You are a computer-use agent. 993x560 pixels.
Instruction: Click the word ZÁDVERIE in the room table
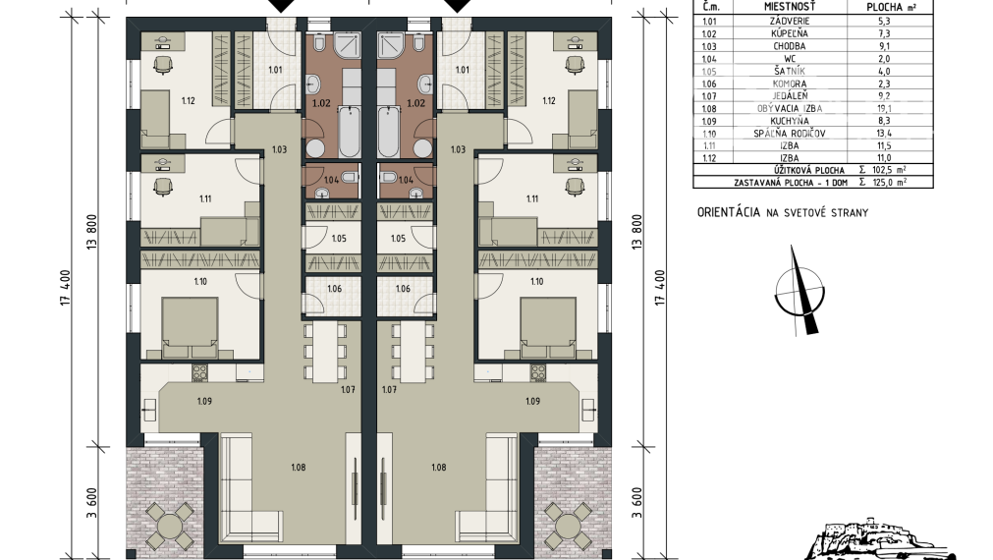[x=789, y=21]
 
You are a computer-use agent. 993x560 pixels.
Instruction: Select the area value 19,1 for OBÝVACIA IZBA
[x=884, y=108]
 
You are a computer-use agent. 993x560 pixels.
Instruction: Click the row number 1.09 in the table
[x=708, y=121]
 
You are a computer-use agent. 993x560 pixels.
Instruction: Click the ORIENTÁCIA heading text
[x=728, y=212]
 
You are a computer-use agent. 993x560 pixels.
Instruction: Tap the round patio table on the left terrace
[x=170, y=526]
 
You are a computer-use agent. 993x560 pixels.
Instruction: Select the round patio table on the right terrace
[x=568, y=526]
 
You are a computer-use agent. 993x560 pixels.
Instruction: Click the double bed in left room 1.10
[x=190, y=328]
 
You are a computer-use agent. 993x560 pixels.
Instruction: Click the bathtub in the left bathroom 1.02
[x=350, y=132]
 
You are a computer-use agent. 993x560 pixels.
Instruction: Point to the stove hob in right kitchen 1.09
[x=538, y=371]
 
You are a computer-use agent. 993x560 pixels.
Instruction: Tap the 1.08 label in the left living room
[x=299, y=468]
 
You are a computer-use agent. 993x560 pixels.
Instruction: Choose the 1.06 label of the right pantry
[x=403, y=289]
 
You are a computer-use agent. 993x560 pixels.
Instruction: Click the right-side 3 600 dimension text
[x=636, y=502]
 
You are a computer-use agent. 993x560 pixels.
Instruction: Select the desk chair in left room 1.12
[x=163, y=64]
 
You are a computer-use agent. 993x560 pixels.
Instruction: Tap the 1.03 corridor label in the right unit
[x=458, y=149]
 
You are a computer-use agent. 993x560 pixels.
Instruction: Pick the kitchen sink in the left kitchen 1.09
[x=150, y=410]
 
